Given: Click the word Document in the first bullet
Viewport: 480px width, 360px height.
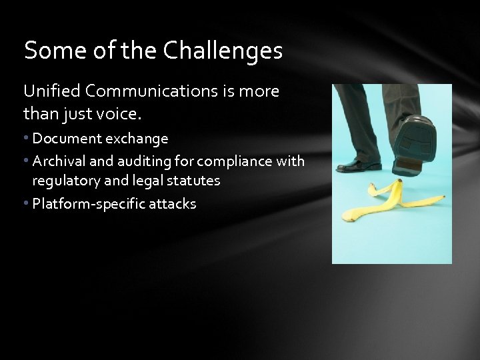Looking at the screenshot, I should (63, 139).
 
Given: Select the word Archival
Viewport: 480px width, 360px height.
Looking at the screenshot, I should (55, 161).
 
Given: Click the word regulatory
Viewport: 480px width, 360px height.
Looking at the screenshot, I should (64, 181).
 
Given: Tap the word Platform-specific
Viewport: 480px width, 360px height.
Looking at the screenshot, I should (83, 204).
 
